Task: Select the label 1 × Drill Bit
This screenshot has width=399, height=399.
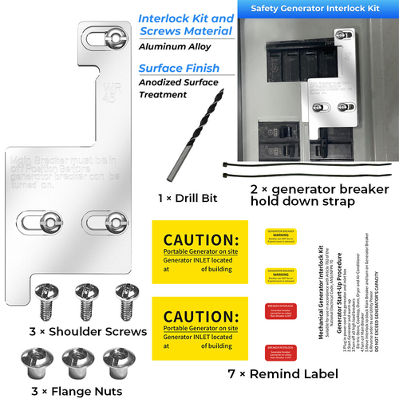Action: coord(184,196)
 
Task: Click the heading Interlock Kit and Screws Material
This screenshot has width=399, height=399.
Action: coord(185,25)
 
